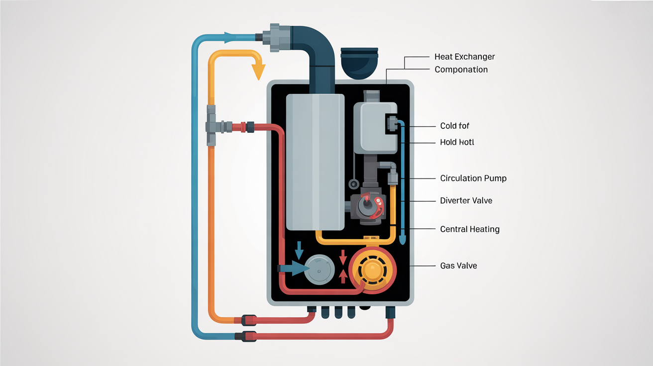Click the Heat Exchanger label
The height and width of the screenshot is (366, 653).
point(464,57)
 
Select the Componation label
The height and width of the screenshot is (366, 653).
point(461,70)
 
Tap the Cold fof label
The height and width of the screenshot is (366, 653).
point(454,126)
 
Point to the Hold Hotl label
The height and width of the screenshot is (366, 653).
point(457,142)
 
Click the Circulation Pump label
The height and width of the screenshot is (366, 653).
point(473,178)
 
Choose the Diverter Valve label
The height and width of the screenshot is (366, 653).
point(466,201)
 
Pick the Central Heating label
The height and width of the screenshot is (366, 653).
point(469,229)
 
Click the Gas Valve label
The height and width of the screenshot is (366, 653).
point(458,266)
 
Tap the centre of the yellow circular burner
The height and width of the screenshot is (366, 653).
point(373,271)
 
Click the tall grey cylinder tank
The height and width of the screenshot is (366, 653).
point(316,162)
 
